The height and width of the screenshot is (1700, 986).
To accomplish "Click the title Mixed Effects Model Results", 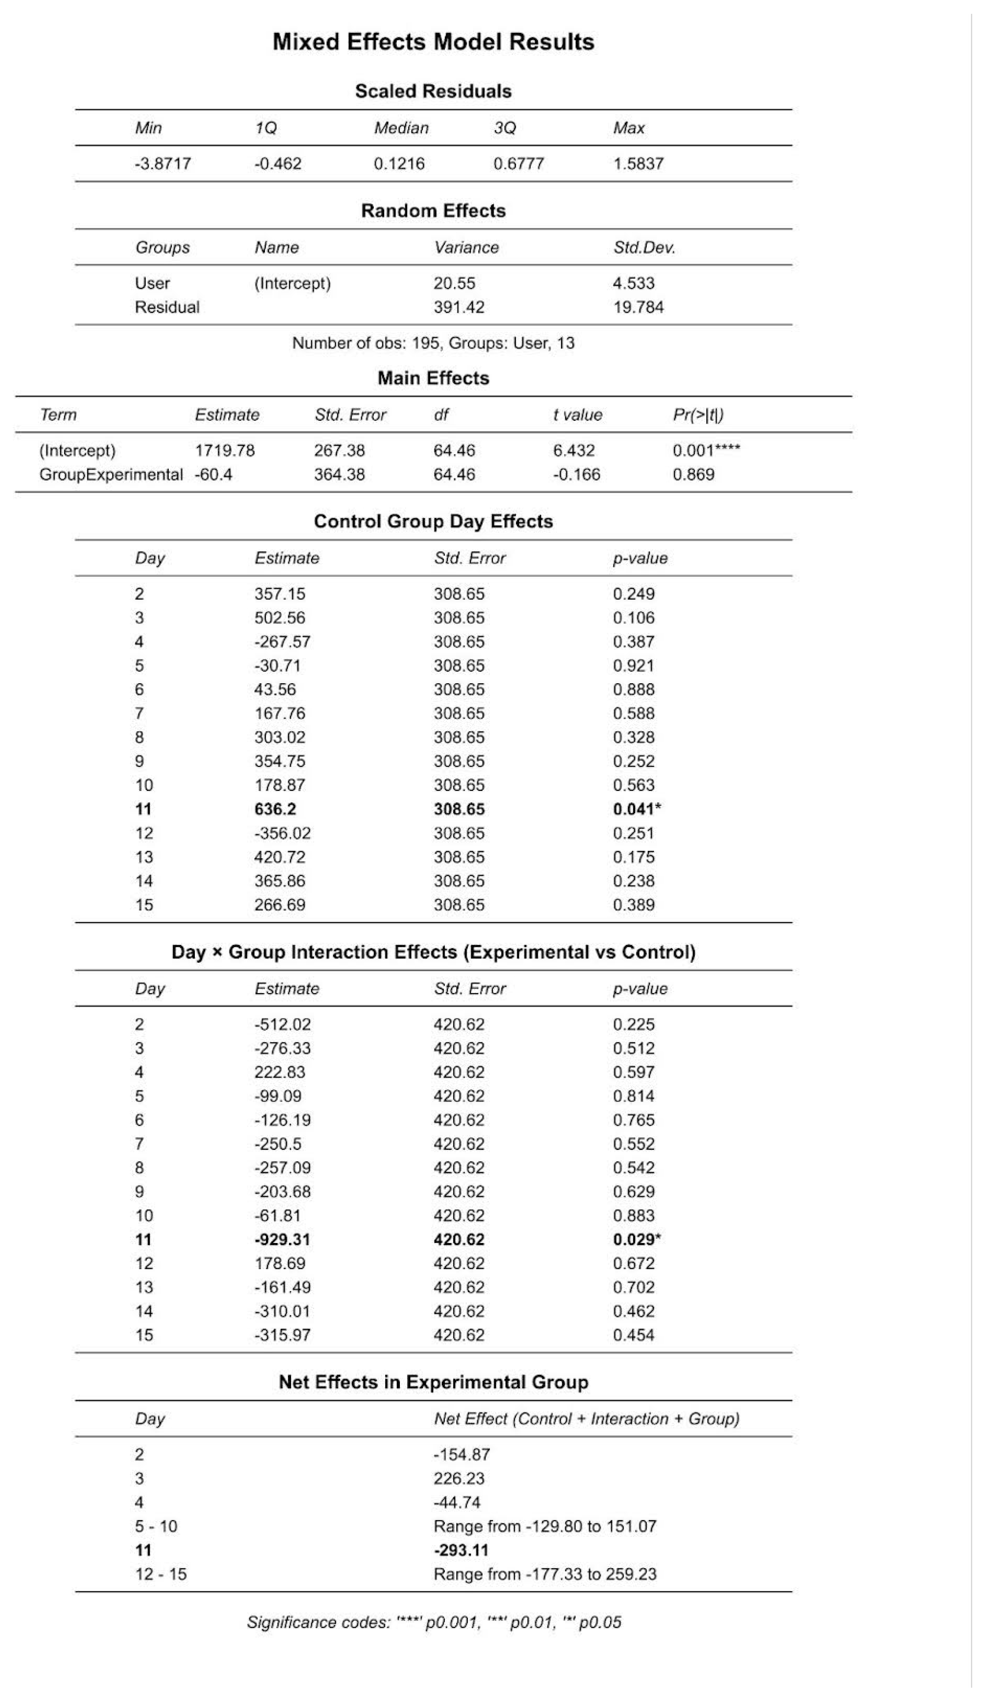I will [433, 42].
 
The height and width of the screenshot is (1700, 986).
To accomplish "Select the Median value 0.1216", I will [399, 164].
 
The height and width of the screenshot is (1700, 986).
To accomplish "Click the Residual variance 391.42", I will [459, 308].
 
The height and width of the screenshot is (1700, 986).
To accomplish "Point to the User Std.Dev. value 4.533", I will [633, 283].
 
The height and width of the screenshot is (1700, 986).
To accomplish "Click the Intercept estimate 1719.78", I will [225, 451].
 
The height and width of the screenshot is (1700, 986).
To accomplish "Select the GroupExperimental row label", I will [111, 475].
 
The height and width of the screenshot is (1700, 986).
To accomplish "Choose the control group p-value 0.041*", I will [637, 810].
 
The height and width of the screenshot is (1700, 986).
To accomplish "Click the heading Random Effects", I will [433, 211].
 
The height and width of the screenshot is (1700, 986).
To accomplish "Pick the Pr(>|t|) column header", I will [698, 415].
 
